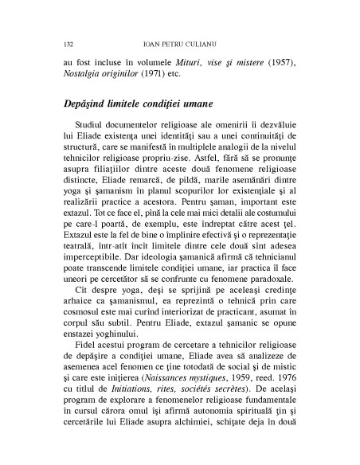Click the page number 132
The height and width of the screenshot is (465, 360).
[x=66, y=38]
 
